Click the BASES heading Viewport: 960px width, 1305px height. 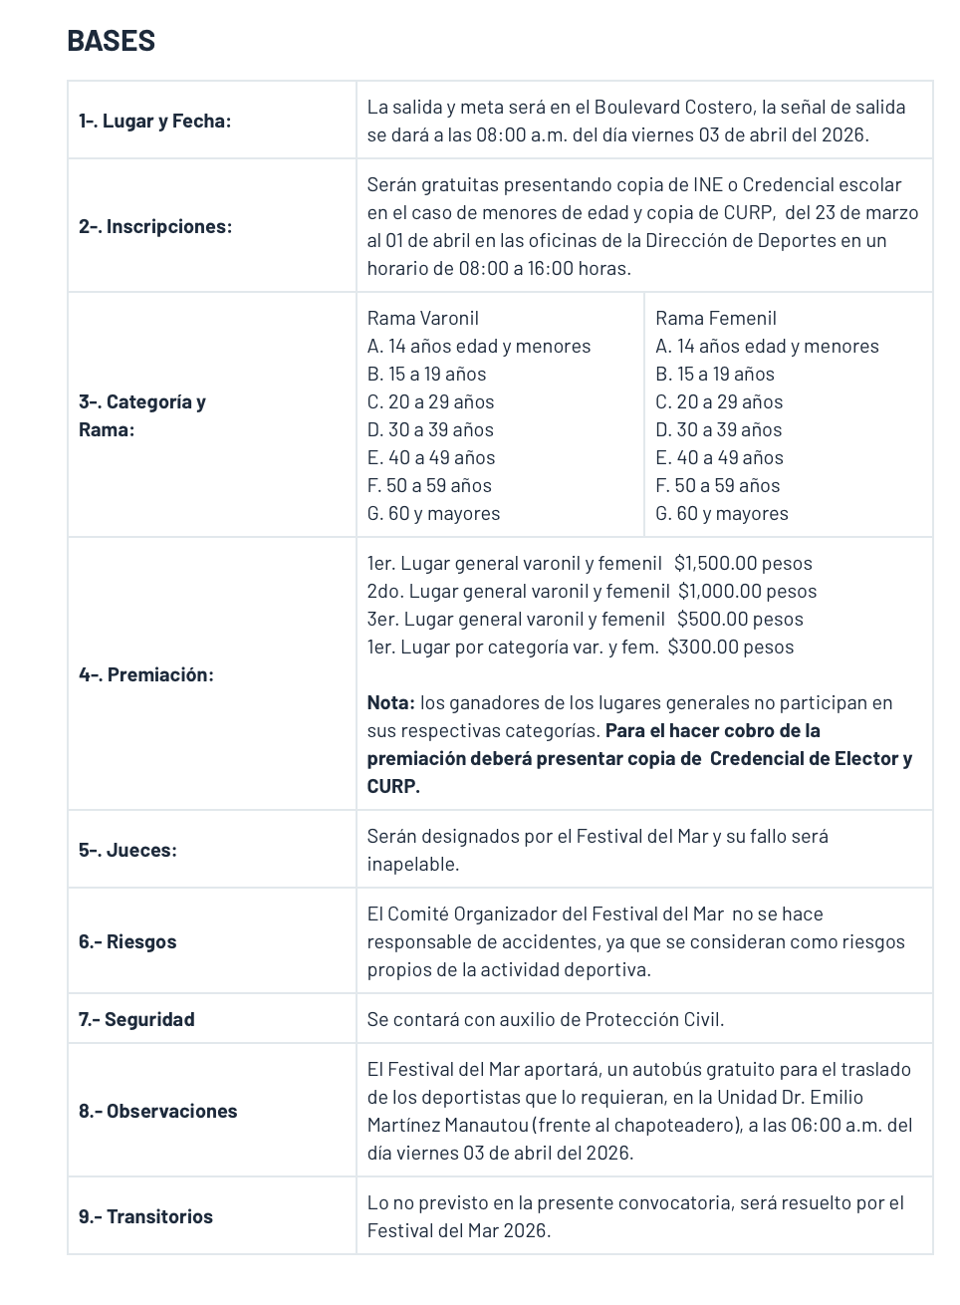(x=111, y=41)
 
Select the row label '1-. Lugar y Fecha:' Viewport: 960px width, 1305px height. (x=154, y=121)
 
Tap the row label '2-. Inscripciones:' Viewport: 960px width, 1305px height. (x=154, y=226)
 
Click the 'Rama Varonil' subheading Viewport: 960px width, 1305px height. (x=422, y=318)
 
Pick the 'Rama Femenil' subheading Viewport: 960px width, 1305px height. (x=715, y=318)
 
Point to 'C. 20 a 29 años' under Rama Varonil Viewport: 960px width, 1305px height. (x=430, y=401)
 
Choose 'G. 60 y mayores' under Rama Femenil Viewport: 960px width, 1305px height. (x=721, y=513)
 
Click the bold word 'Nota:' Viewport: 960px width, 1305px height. (x=390, y=702)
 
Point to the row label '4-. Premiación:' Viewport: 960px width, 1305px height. (x=145, y=674)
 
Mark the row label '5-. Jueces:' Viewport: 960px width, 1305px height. (x=127, y=850)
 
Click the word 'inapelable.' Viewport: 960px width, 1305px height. (x=412, y=864)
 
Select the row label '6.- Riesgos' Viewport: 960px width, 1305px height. (x=127, y=941)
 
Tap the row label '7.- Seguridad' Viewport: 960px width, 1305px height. (x=136, y=1019)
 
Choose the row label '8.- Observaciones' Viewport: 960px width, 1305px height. (x=157, y=1111)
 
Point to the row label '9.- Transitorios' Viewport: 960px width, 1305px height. (x=145, y=1216)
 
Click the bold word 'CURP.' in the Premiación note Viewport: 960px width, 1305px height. (x=393, y=786)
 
